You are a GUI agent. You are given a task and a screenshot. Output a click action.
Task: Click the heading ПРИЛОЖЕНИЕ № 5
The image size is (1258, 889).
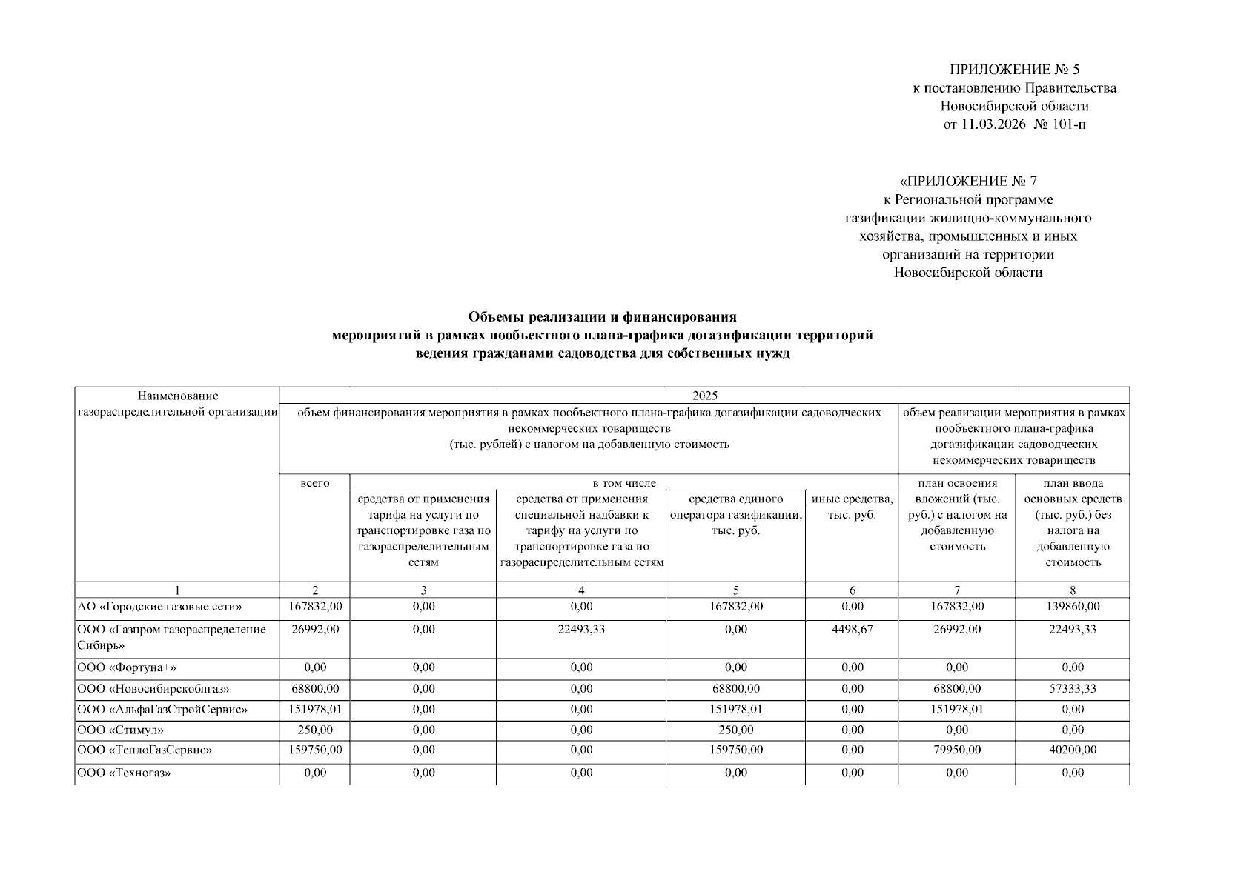[1015, 70]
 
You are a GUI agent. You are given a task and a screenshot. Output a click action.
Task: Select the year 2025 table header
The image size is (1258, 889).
[704, 396]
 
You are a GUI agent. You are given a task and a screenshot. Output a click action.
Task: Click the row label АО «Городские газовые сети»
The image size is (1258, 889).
[159, 607]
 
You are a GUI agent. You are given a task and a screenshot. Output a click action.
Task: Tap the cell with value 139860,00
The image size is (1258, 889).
[1072, 607]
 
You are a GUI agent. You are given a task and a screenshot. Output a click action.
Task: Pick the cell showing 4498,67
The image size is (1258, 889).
[852, 630]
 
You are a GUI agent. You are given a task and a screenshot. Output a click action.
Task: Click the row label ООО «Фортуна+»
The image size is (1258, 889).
[127, 667]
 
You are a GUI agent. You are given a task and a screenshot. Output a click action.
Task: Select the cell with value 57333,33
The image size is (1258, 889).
[1072, 689]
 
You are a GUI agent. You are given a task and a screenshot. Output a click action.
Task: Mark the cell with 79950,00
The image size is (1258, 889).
[956, 750]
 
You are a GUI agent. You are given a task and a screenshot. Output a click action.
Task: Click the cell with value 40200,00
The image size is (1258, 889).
[1072, 750]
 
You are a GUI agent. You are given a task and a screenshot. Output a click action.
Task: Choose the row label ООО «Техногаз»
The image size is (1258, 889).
[124, 773]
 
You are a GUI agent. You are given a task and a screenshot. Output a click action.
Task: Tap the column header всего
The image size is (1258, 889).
[315, 484]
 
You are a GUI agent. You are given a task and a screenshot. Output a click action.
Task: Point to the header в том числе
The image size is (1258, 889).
[623, 484]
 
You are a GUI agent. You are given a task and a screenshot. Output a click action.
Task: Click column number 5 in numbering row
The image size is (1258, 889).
[735, 590]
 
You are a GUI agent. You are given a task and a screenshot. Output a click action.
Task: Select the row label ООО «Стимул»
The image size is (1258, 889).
[121, 730]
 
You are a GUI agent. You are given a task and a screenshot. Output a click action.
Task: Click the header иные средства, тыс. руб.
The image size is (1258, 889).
[852, 507]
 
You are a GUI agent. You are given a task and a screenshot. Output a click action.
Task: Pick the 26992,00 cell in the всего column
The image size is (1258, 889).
[315, 630]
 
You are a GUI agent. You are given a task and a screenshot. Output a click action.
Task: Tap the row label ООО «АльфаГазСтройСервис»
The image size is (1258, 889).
[162, 710]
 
